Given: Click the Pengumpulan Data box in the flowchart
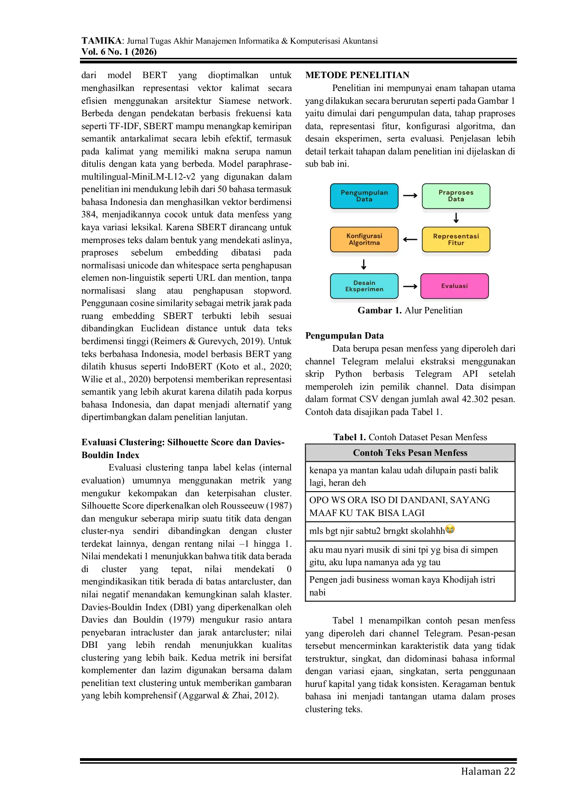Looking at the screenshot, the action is coord(364,196).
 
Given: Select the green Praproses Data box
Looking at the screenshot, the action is coord(456,196).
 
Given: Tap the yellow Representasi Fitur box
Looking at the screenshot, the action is coord(456,239).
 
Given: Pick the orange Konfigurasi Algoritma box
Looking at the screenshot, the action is coord(364,239).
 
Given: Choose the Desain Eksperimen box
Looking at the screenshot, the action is coord(364,286).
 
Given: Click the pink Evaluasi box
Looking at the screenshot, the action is coord(455,286).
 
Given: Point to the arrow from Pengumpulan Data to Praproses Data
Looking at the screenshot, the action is coord(410,196).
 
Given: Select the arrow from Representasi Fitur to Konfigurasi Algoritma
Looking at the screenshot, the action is coord(410,239).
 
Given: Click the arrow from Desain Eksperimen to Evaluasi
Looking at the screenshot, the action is coord(410,286).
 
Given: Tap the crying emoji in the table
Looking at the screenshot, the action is coord(450,530).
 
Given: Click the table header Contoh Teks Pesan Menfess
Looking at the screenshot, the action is coord(410,453).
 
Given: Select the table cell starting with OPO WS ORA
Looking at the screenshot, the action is coord(410,507).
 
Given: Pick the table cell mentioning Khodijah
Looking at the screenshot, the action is coord(410,586).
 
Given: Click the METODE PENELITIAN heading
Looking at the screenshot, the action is coord(357,75).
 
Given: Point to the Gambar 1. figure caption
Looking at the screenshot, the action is coord(410,311).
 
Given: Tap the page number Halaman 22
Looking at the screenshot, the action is coord(488,771).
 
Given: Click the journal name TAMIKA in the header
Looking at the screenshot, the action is coord(102,41).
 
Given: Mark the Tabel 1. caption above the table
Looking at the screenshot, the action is coord(410,437).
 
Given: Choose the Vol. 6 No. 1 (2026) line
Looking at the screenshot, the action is coord(119,52).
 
